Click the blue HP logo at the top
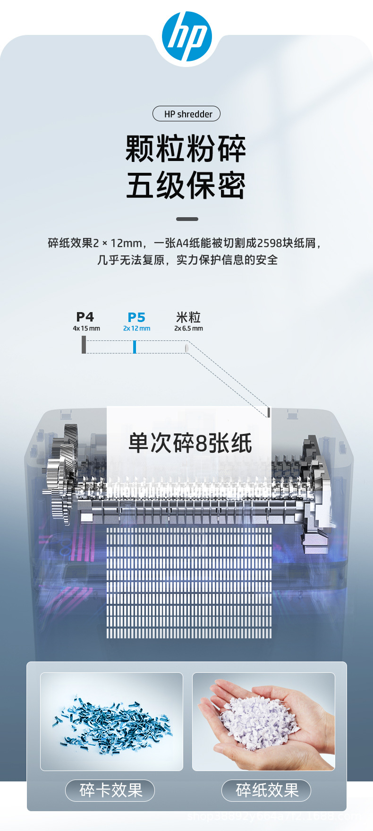point(186,36)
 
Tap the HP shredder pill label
point(186,114)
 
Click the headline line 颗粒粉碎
point(186,149)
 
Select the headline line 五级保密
point(186,186)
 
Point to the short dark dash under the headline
point(187,219)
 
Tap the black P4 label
point(85,317)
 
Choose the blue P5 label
point(136,317)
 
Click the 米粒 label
point(188,317)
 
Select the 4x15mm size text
point(86,329)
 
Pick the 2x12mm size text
point(136,329)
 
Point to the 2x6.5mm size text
point(188,329)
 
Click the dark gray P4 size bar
point(84,344)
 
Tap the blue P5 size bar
point(135,347)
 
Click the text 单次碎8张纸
point(190,443)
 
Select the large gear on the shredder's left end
point(66,472)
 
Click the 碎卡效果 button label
point(111,790)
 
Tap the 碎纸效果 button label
point(267,790)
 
